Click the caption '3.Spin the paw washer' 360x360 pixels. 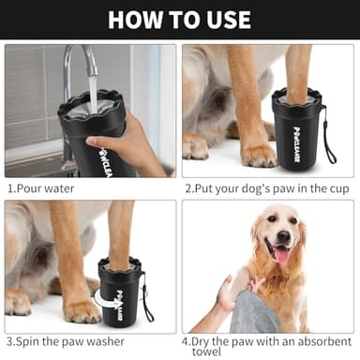68,341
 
